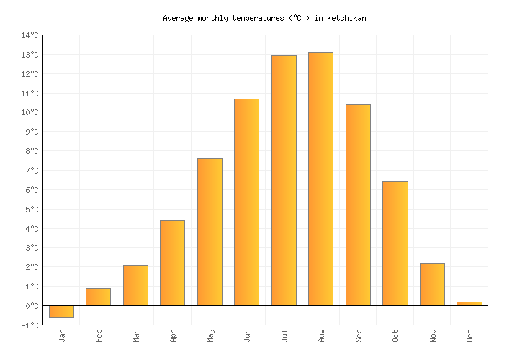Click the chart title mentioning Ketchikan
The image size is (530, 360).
coord(264,18)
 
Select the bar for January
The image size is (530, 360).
coord(61,311)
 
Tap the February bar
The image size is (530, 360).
coord(98,297)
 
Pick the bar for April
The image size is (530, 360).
coord(172,263)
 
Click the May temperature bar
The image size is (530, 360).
coord(210,232)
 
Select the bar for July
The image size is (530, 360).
coord(284,180)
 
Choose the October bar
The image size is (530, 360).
coord(395,243)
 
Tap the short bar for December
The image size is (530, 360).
coord(470,303)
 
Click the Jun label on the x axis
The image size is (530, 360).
coord(247,336)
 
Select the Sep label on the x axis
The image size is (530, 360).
coord(358,336)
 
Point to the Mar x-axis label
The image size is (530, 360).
coord(135,336)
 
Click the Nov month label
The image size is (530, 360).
coord(432,336)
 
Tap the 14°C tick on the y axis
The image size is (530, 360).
coord(30,35)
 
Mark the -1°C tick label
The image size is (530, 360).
coord(30,325)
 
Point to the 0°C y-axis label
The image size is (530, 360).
coord(32,305)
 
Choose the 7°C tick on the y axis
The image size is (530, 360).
coord(32,171)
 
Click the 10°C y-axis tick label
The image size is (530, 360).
coord(30,112)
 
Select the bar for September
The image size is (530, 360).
coord(358,205)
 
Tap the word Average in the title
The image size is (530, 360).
coord(179,18)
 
